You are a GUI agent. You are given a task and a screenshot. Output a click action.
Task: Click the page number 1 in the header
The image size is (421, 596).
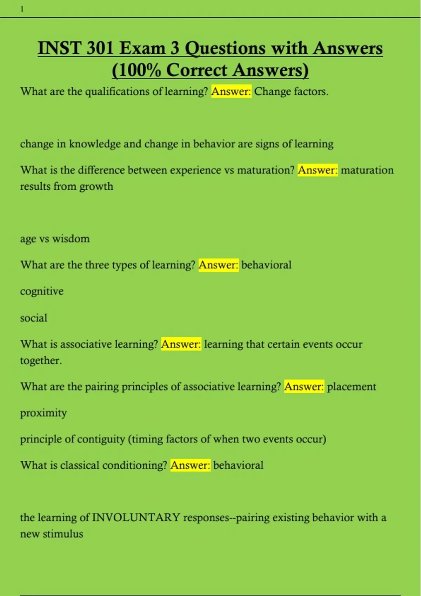(22, 9)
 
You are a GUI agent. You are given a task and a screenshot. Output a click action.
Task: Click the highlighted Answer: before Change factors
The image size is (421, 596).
(231, 92)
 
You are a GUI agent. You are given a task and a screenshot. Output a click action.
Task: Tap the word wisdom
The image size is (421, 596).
(71, 239)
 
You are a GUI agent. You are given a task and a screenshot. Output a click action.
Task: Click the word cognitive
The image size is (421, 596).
(42, 291)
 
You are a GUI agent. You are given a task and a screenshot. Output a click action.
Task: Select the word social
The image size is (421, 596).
(33, 318)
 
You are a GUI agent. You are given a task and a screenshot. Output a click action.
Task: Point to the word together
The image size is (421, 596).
(40, 361)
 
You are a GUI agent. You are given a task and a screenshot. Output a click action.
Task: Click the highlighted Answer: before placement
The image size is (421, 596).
(304, 387)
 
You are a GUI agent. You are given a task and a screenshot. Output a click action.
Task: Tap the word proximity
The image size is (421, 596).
(43, 413)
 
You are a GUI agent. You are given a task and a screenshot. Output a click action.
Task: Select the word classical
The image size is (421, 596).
(80, 466)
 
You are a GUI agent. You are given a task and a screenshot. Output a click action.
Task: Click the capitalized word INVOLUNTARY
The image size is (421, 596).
(136, 518)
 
